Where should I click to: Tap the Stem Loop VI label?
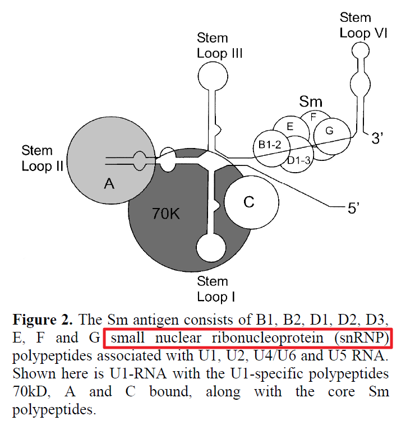point(363,25)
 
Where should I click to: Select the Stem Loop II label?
point(37,158)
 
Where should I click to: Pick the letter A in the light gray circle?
point(109,183)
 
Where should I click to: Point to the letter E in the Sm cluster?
point(290,127)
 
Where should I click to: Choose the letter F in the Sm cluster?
point(314,117)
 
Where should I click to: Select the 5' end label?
point(353,209)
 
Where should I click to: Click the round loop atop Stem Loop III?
point(213,75)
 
